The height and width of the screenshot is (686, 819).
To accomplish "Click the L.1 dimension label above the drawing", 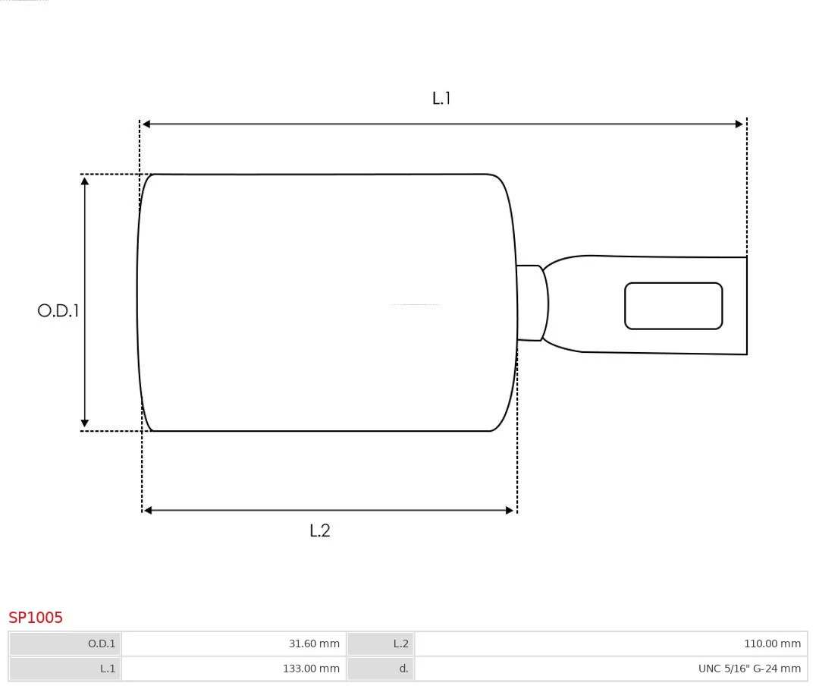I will tap(441, 98).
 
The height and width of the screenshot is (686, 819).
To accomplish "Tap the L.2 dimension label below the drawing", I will tap(320, 530).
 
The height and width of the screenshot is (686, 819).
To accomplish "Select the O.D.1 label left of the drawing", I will tap(58, 310).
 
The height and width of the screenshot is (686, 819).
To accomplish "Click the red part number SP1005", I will tap(36, 617).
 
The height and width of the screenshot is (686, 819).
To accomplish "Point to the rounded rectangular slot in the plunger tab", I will tap(673, 306).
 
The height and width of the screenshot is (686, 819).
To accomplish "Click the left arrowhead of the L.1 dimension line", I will tap(146, 124).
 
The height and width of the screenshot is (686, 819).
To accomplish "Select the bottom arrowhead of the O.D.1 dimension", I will tap(85, 423).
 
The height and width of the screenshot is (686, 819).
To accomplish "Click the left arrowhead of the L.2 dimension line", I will tap(148, 510).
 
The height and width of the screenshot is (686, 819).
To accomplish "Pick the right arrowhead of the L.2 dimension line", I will tap(510, 510).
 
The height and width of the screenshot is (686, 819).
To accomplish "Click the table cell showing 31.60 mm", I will tap(234, 644).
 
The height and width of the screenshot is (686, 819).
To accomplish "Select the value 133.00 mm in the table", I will tap(234, 669).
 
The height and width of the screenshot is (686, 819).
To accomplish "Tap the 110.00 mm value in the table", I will tap(610, 644).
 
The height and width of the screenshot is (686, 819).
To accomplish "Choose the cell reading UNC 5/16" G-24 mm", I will tap(610, 669).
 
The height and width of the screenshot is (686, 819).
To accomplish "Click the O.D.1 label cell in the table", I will tap(65, 644).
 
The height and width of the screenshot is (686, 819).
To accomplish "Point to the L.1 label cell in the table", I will tap(65, 669).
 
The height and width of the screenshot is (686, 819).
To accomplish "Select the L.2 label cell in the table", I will tap(381, 644).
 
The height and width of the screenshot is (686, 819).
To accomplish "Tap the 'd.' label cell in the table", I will tap(381, 669).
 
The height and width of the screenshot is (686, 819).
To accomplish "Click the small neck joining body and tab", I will tap(531, 303).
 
